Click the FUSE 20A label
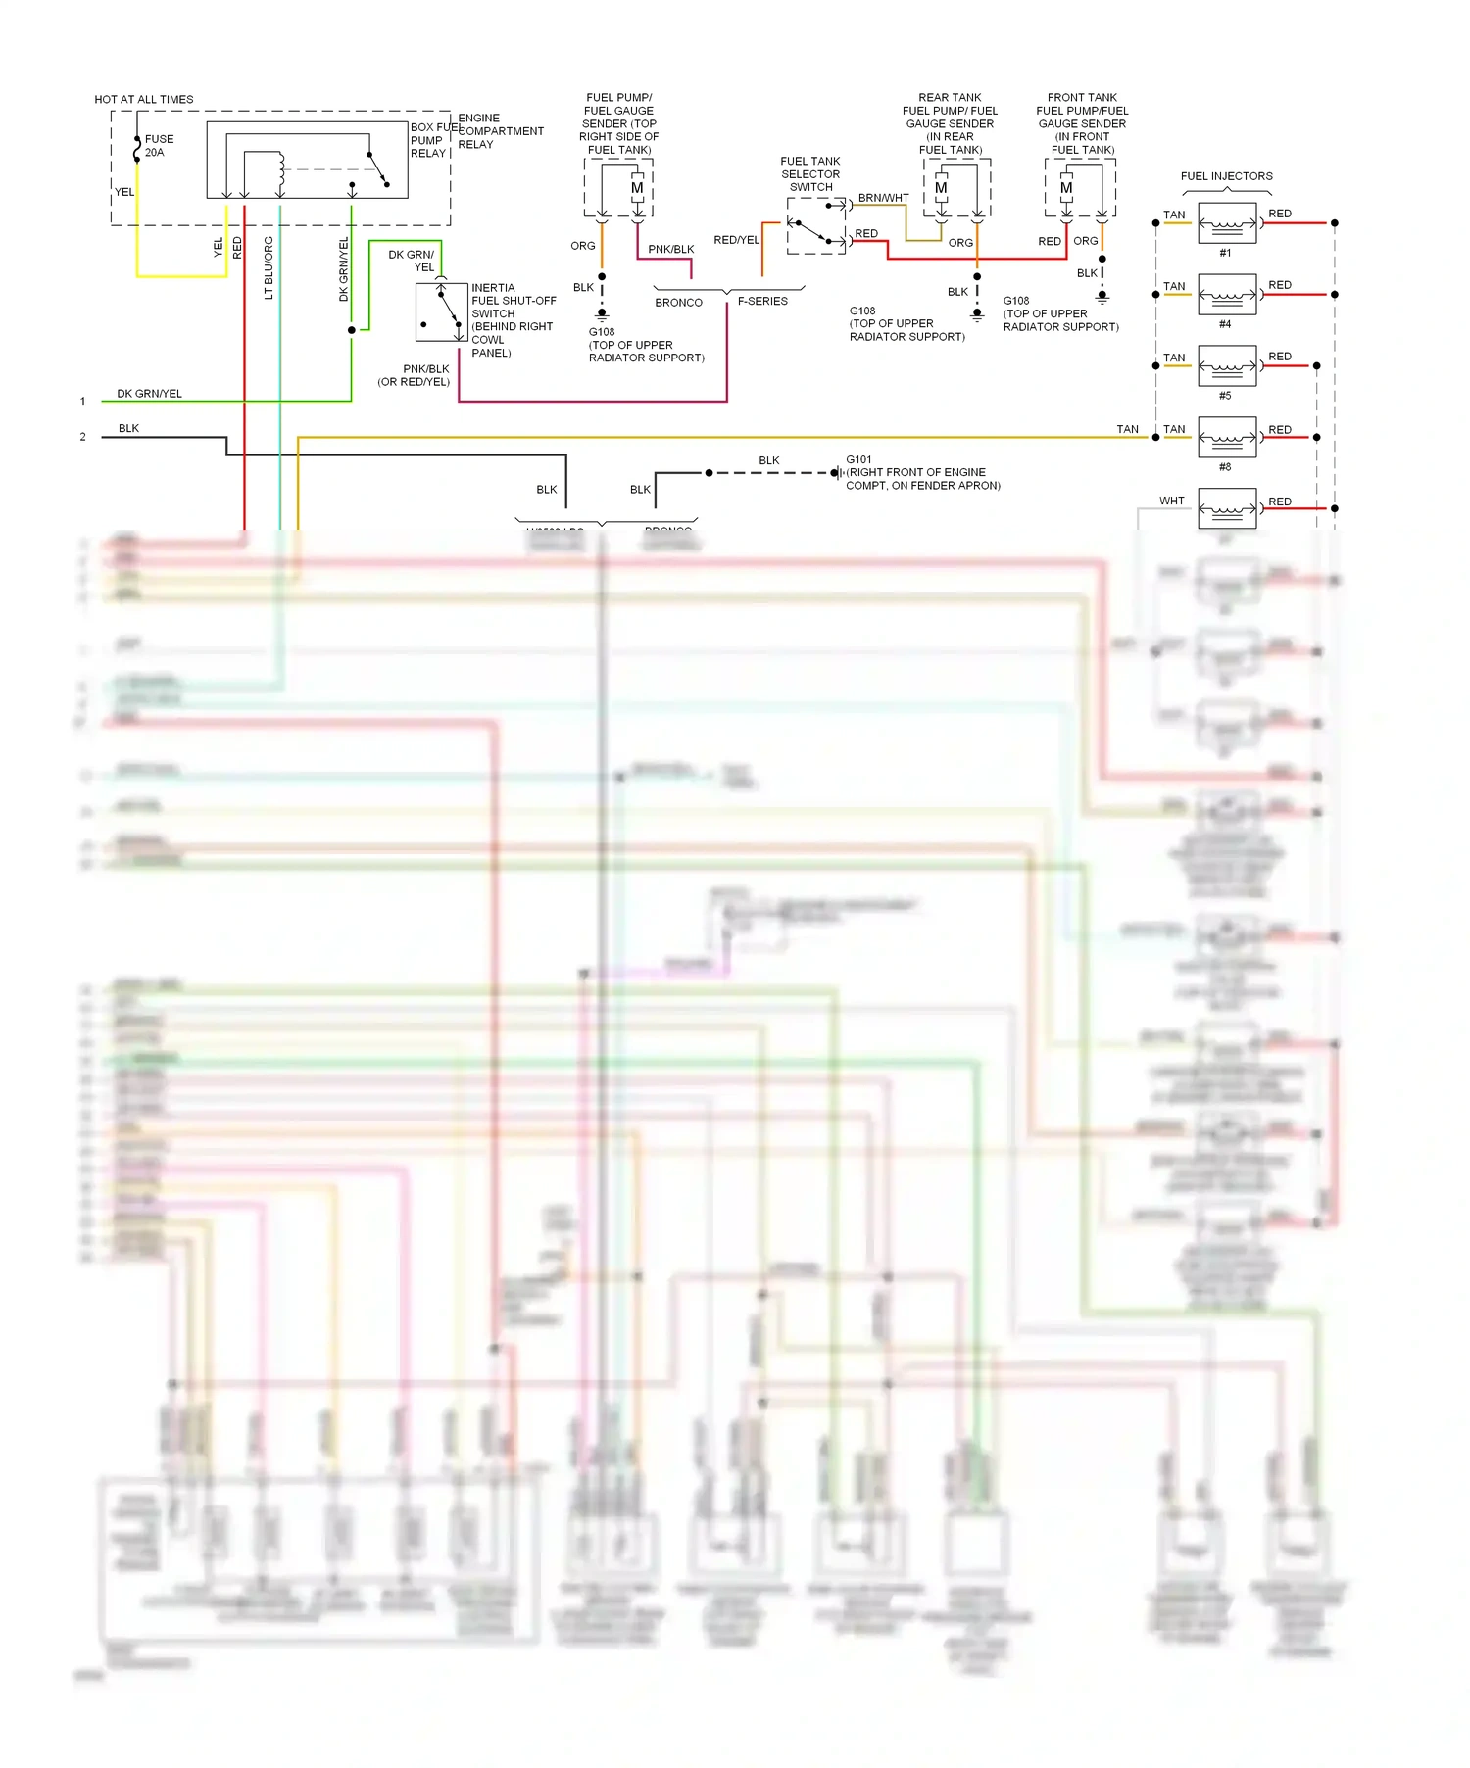pos(159,145)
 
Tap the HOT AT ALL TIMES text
pos(144,99)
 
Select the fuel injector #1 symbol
pos(1227,222)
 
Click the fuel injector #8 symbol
pos(1227,437)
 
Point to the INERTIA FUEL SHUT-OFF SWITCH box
pos(440,312)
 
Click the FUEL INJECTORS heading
pos(1226,176)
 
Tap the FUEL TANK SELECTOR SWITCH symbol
pos(816,226)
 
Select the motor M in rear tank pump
pos(941,188)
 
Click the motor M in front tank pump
pos(1066,188)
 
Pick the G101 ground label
pos(858,459)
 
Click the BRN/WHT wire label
pos(883,198)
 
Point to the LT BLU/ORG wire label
pos(269,267)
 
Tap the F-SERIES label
pos(762,301)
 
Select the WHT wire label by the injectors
pos(1171,501)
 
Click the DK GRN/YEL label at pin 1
pos(149,394)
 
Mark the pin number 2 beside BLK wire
pos(83,437)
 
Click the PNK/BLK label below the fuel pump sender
pos(670,249)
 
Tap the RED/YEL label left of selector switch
pos(736,240)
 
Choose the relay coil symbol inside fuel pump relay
pos(280,171)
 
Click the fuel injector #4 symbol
pos(1227,294)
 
